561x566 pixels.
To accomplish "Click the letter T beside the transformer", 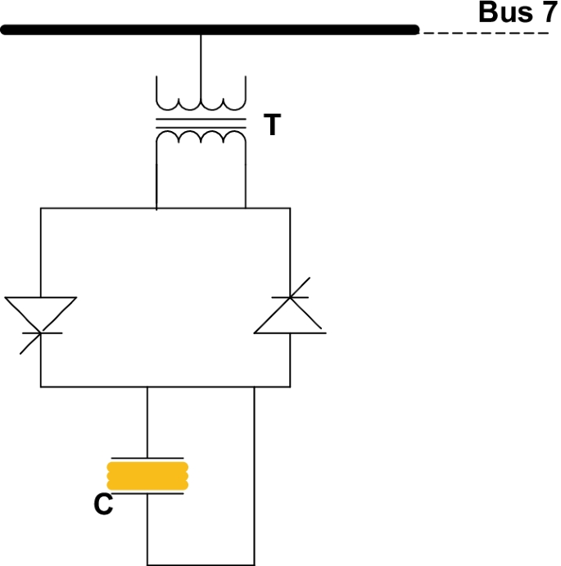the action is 272,125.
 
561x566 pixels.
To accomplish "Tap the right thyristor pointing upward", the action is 289,315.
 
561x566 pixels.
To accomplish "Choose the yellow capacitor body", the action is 147,475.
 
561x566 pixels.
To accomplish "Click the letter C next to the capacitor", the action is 103,505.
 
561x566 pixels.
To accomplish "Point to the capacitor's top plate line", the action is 147,456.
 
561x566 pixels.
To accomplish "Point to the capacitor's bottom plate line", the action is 147,494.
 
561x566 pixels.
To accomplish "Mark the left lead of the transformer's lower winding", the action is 156,180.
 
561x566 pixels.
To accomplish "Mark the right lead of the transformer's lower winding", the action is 246,180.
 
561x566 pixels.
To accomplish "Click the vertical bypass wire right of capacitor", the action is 255,475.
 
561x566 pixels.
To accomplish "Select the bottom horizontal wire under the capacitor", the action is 201,564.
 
